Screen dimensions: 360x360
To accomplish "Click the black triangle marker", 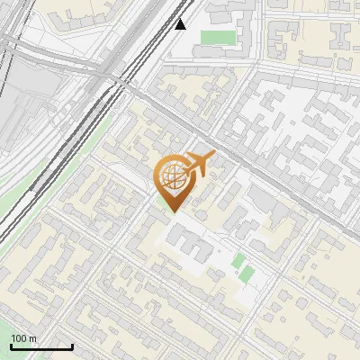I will click(x=181, y=23).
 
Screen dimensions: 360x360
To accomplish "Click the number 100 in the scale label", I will click(x=20, y=339).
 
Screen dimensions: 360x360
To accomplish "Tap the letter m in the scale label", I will click(x=33, y=339).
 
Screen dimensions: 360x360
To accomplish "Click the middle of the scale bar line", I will click(x=41, y=346).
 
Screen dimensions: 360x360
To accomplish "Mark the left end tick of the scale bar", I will click(x=11, y=346).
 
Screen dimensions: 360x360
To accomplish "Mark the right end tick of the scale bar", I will click(x=72, y=346).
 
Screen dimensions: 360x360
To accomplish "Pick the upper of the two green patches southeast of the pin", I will click(x=238, y=261).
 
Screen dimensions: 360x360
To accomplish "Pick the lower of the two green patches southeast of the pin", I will click(x=246, y=274).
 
